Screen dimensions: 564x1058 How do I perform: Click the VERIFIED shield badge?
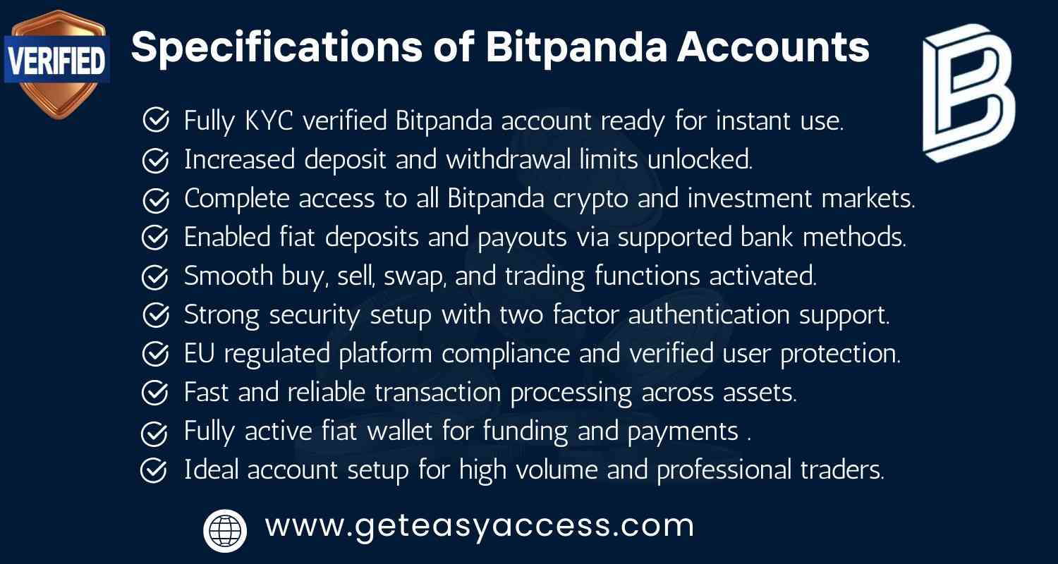pos(56,63)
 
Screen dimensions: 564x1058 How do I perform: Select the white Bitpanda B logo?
pos(968,93)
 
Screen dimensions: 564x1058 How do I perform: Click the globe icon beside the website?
pos(225,530)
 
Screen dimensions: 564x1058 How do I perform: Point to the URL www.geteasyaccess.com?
pos(480,526)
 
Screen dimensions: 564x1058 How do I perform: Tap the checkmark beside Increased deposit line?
pos(154,161)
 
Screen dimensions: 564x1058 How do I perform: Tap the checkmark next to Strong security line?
pos(154,315)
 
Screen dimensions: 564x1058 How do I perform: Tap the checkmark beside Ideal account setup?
pos(154,470)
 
